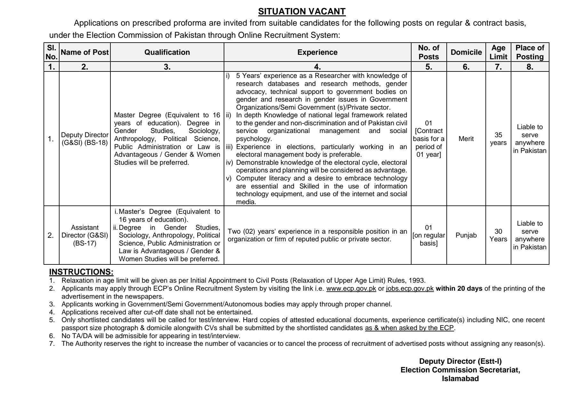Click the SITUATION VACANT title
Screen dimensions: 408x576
coord(302,12)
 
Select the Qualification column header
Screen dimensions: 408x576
coord(167,52)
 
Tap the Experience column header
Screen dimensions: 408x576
coord(317,52)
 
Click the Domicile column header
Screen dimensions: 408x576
coord(466,52)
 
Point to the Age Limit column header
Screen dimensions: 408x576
coord(498,52)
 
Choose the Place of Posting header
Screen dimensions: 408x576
coord(530,52)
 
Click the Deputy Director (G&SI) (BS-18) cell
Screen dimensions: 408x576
coord(85,139)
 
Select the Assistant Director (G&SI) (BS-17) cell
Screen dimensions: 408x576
coord(85,235)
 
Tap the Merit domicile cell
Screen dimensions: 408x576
coord(466,139)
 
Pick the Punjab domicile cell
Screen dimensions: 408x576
coord(466,235)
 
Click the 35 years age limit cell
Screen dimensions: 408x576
coord(498,139)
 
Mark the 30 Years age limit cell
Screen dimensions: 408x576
coord(498,235)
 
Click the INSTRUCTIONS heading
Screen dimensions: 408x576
coord(81,272)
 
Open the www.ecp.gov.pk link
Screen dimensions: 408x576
coord(351,288)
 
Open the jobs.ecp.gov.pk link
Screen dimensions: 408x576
coord(410,288)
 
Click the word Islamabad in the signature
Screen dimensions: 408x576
coord(460,379)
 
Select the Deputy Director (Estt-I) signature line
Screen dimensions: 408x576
coord(460,361)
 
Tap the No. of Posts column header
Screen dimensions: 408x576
coord(428,52)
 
